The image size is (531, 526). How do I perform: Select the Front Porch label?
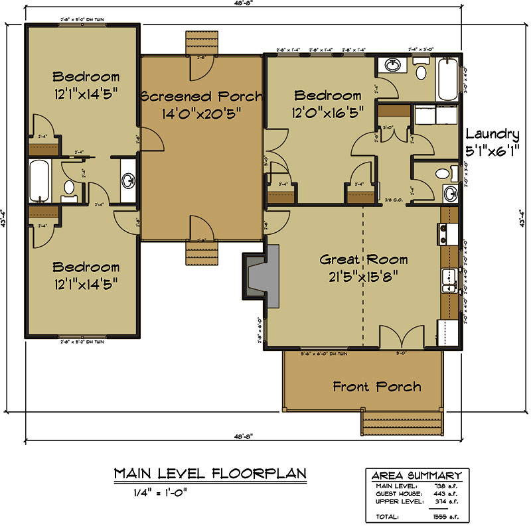click(377, 386)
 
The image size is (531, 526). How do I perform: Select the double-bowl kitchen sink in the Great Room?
click(449, 281)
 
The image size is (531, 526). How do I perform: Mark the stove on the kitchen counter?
click(443, 233)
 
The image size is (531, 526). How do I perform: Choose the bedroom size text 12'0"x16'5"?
click(328, 113)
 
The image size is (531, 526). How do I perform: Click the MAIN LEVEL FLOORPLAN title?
click(210, 474)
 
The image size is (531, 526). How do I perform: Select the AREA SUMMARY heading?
click(416, 476)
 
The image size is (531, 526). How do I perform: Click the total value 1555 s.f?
click(437, 515)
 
